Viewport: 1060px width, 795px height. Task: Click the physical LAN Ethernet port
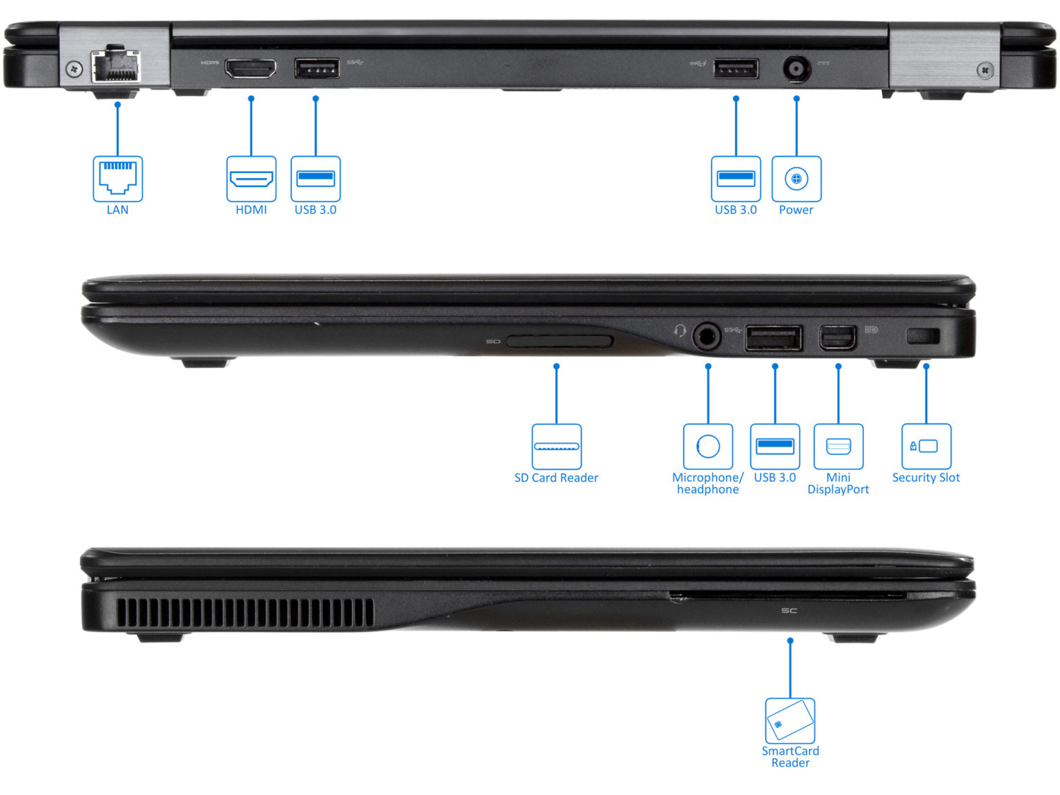(115, 66)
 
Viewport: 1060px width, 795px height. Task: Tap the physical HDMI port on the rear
(250, 68)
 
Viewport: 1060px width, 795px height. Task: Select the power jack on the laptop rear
(796, 68)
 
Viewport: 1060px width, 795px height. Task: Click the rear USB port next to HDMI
(316, 68)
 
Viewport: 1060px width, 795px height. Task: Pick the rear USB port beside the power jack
(736, 68)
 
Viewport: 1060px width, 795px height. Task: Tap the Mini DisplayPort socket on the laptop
(838, 338)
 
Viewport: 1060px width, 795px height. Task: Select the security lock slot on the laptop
(922, 336)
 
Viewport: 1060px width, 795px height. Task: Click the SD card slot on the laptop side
(559, 341)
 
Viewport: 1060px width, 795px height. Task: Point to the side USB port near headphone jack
(774, 338)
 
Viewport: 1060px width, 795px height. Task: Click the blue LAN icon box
(118, 179)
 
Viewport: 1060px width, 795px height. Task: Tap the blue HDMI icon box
(251, 179)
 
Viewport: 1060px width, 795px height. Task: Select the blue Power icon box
(796, 179)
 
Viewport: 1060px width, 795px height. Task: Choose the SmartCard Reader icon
(790, 720)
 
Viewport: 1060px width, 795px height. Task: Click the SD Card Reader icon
(556, 446)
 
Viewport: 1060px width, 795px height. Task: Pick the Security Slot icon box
(926, 446)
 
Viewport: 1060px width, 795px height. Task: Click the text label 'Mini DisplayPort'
(838, 483)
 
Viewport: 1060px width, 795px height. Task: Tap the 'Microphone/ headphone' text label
(707, 483)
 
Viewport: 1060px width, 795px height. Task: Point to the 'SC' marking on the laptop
(789, 611)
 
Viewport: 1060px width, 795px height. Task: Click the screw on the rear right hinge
(985, 69)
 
